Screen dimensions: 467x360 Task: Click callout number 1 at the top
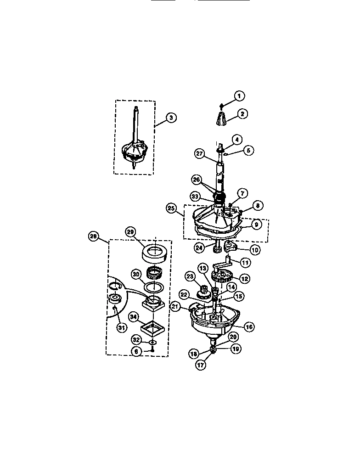click(x=239, y=96)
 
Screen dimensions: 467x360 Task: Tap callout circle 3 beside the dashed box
click(x=170, y=118)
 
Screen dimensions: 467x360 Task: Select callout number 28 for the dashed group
click(x=94, y=236)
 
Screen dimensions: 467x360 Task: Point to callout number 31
click(x=121, y=327)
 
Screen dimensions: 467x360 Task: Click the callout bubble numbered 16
click(x=249, y=327)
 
